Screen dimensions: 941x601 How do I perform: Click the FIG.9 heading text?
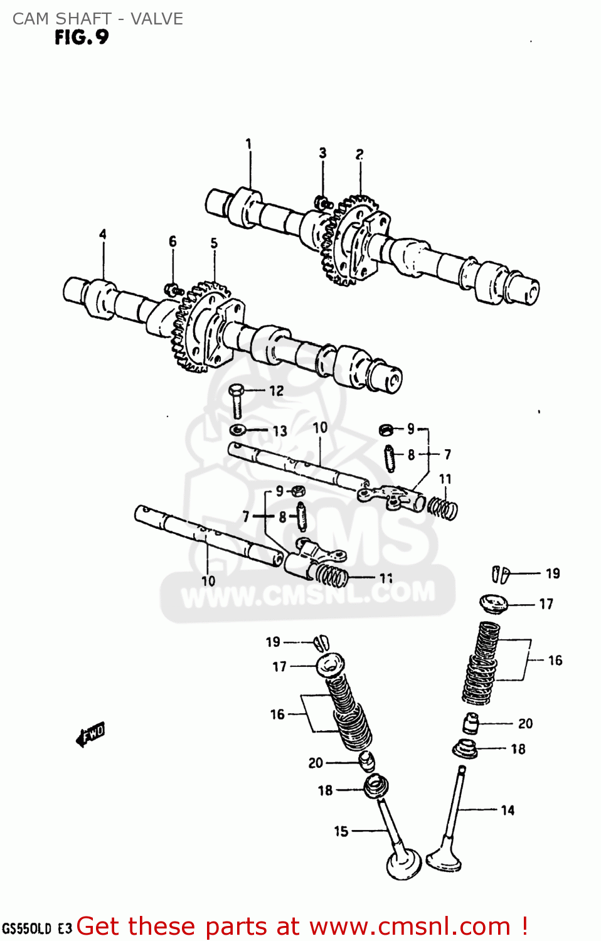pos(82,38)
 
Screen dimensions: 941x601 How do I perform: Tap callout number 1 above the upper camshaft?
pos(248,144)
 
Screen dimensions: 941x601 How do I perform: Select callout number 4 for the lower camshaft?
pos(103,234)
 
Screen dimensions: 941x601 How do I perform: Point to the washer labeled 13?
pos(238,430)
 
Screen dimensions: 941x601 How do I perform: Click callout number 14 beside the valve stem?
pos(508,810)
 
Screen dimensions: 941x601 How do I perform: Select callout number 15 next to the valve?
pos(341,831)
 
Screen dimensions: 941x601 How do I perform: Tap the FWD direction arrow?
pos(90,734)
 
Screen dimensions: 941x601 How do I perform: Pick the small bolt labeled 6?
pos(173,290)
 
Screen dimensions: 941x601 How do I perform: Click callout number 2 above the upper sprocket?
pos(359,154)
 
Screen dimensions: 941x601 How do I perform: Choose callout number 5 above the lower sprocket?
pos(214,243)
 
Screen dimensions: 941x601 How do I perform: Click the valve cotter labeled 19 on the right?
pos(501,573)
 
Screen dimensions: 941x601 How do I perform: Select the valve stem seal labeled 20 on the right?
pos(471,723)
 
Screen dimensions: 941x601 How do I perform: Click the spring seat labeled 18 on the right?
pos(465,749)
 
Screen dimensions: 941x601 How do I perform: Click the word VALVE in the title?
pos(157,19)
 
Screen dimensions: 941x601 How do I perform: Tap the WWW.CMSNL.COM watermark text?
pos(307,593)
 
